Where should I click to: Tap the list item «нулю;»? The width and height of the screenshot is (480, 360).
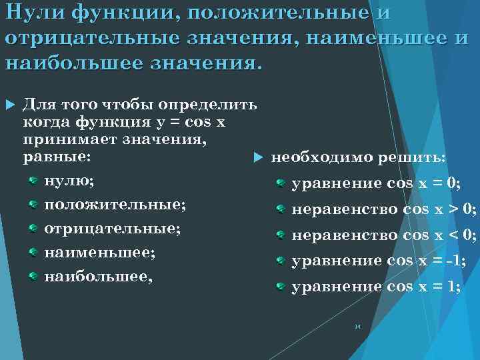69,181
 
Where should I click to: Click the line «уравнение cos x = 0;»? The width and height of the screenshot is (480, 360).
377,183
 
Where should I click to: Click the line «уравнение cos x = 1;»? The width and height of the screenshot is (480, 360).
377,287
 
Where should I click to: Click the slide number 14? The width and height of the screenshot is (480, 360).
357,327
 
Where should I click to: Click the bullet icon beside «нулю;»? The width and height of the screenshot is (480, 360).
32,181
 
